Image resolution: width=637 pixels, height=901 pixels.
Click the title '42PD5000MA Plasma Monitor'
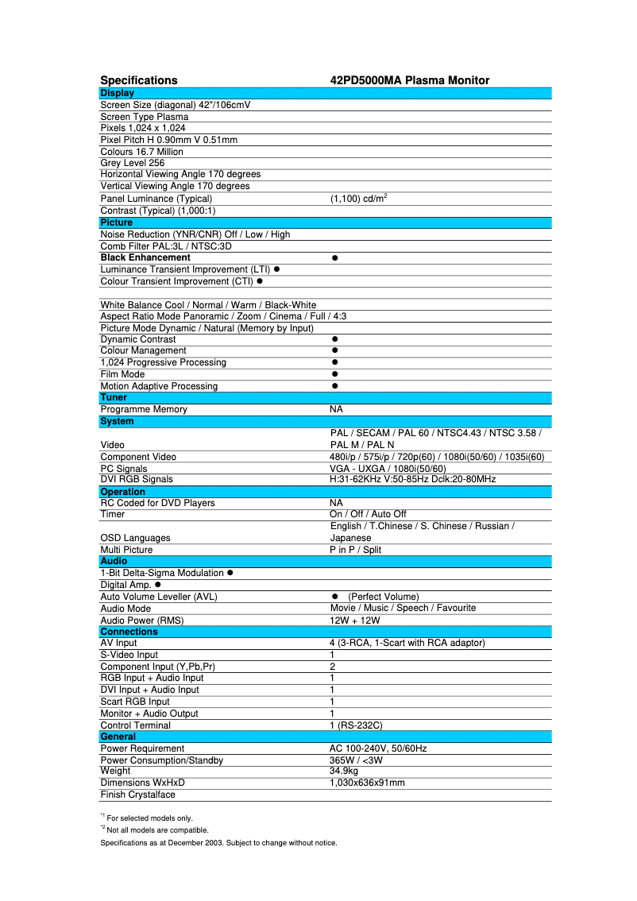tap(409, 80)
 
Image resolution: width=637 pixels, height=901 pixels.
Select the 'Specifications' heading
tap(139, 80)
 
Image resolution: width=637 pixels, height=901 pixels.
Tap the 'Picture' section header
tap(117, 222)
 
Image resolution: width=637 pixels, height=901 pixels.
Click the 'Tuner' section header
tap(114, 397)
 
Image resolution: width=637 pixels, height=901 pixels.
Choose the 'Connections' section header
tap(129, 632)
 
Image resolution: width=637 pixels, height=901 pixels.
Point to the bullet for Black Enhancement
tap(335, 258)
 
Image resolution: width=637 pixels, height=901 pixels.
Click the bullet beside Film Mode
tap(335, 374)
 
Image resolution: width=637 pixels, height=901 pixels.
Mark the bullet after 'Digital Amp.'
tap(158, 585)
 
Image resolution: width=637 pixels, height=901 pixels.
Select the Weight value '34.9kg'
tap(344, 771)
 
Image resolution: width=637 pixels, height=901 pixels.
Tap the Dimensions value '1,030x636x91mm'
tap(367, 783)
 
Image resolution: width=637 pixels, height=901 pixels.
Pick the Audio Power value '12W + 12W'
tap(355, 621)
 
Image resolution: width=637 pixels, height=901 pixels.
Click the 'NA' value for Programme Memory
tap(336, 409)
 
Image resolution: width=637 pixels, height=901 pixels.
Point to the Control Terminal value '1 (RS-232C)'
tap(357, 725)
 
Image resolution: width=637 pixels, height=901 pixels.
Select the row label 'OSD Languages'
tap(135, 538)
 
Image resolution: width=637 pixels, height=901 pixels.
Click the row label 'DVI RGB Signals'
tap(137, 479)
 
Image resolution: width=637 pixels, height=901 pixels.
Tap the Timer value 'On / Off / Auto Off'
tap(368, 514)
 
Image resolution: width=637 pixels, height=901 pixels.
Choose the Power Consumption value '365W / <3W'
tap(356, 760)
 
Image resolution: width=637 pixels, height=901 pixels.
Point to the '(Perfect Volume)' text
tap(383, 597)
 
